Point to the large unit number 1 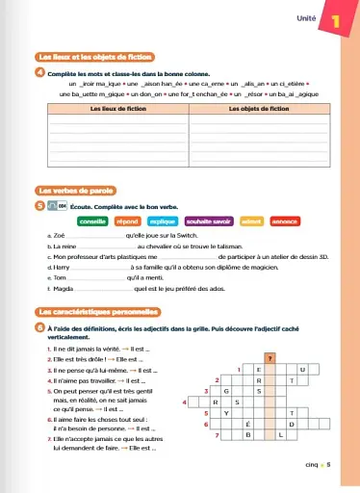pyautogui.click(x=336, y=18)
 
